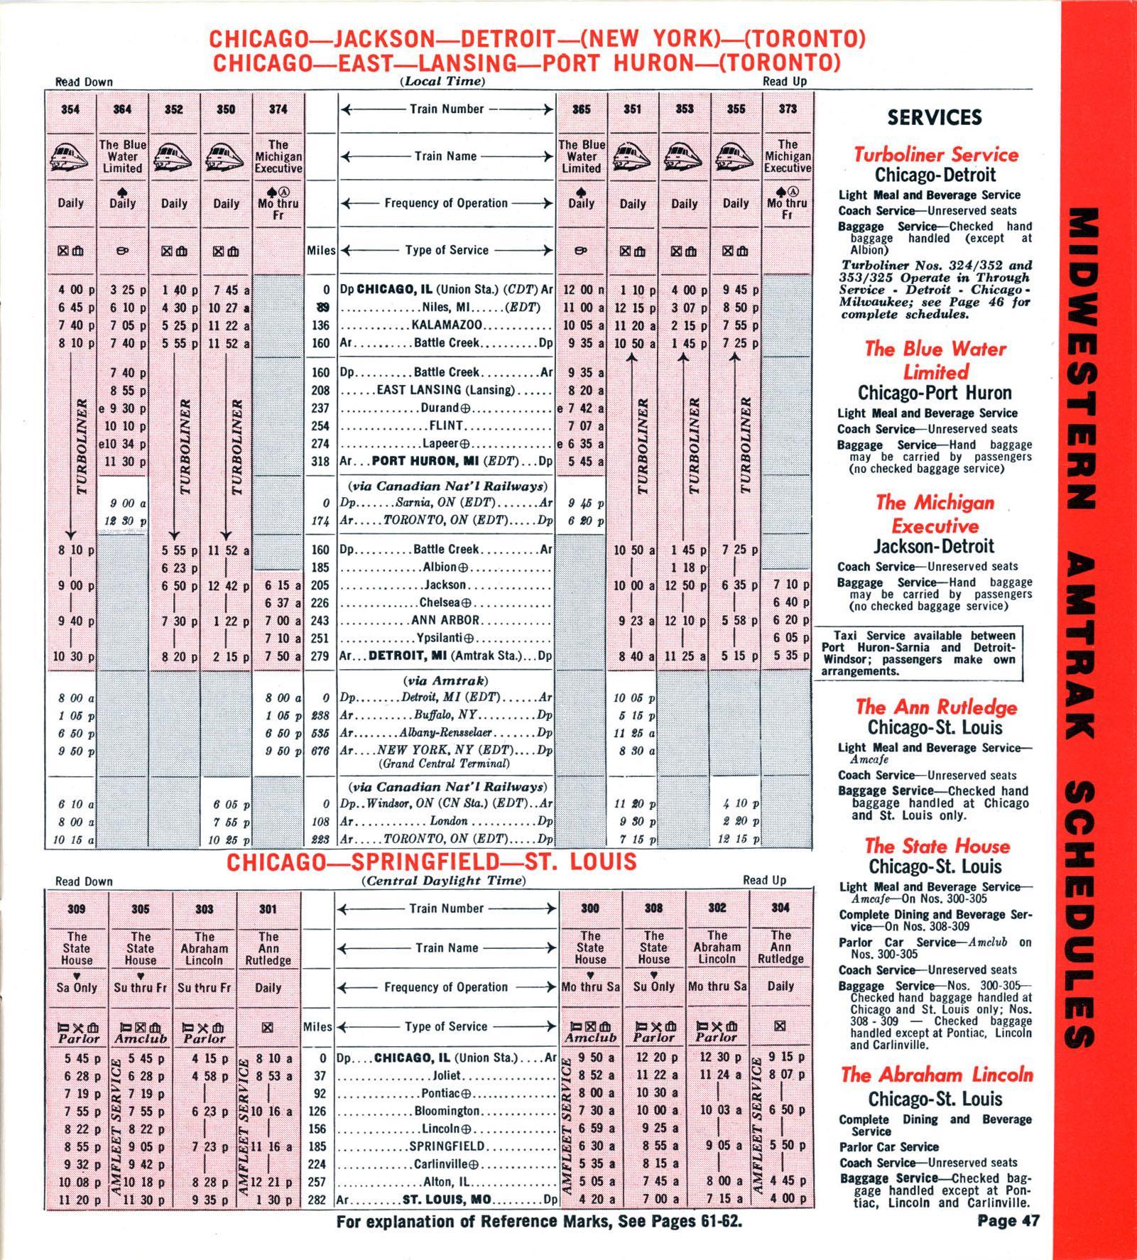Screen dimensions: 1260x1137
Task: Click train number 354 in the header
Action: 70,109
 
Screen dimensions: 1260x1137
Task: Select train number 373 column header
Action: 787,109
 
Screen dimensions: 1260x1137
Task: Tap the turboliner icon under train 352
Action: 174,157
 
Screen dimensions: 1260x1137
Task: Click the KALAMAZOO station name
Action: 447,325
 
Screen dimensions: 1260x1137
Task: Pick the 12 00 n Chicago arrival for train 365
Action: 582,290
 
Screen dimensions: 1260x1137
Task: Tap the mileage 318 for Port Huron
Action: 321,461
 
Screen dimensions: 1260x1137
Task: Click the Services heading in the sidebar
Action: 935,118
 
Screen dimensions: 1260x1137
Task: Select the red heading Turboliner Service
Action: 935,155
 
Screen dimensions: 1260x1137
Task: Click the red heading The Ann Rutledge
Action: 935,707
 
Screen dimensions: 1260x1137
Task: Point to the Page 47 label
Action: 1008,1221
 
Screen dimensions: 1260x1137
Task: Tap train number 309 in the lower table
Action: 77,909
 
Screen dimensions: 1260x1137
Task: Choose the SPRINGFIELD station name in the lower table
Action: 447,1146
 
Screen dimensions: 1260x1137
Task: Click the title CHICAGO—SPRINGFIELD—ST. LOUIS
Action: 431,862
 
